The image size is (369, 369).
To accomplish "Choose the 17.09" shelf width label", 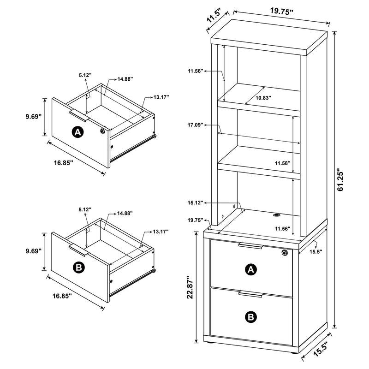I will click(196, 125).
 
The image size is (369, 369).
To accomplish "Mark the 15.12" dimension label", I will click(196, 203).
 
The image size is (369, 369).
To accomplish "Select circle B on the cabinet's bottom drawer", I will click(250, 316).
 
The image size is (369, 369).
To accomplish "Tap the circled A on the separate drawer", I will click(77, 132).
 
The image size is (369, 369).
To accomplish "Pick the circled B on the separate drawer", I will click(77, 267).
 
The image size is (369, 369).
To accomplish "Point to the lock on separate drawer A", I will click(101, 131).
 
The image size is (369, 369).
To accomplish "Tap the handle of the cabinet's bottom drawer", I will click(251, 294).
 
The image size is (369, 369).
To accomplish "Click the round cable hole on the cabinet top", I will click(277, 215).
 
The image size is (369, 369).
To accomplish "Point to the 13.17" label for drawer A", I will click(161, 97).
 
